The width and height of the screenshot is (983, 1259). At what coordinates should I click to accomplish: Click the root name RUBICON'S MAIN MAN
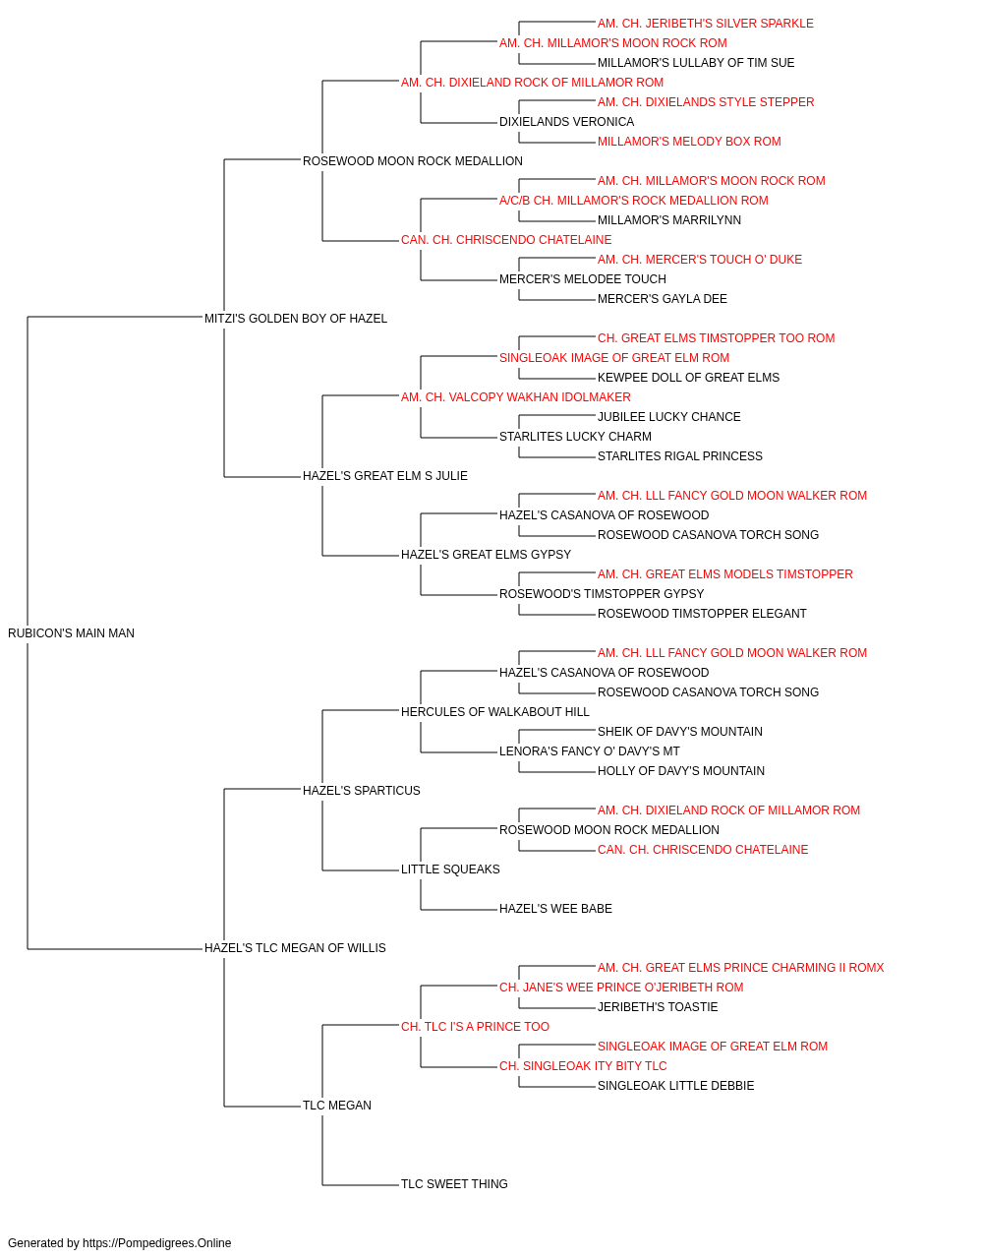click(71, 633)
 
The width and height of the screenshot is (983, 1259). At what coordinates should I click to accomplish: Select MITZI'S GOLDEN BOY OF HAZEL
click(295, 319)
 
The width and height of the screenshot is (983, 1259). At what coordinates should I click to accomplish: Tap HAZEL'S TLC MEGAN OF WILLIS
click(295, 948)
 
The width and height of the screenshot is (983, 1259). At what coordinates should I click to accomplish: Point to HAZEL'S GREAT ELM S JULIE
click(385, 476)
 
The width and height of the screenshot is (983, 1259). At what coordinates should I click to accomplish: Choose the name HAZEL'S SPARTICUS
click(361, 790)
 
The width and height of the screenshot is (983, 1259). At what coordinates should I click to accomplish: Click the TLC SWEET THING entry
click(454, 1183)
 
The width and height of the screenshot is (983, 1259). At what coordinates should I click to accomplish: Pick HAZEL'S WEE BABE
click(555, 909)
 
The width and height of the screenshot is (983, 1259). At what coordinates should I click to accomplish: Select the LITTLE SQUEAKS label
click(450, 869)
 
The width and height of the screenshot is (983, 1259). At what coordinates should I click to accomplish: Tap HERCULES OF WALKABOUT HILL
click(495, 711)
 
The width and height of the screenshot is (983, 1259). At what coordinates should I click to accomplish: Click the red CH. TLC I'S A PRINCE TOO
click(475, 1027)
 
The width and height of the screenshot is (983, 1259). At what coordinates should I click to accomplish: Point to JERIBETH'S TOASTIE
click(657, 1007)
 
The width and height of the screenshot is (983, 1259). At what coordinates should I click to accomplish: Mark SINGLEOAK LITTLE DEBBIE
click(675, 1086)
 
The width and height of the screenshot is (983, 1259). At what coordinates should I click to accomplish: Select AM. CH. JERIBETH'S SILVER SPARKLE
click(705, 24)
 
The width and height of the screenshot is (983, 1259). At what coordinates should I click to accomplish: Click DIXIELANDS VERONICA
click(566, 122)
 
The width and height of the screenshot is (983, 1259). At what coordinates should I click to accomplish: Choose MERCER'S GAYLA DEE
click(662, 299)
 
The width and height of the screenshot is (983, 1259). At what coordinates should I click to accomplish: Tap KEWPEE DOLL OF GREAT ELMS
click(688, 378)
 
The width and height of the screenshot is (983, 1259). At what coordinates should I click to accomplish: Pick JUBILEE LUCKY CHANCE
click(668, 417)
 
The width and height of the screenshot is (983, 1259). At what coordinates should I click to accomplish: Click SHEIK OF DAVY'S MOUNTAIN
click(679, 732)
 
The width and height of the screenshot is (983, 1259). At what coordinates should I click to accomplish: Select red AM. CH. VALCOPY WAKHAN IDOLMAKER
click(515, 397)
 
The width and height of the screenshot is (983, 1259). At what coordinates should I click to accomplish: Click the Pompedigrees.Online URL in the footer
click(156, 1243)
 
